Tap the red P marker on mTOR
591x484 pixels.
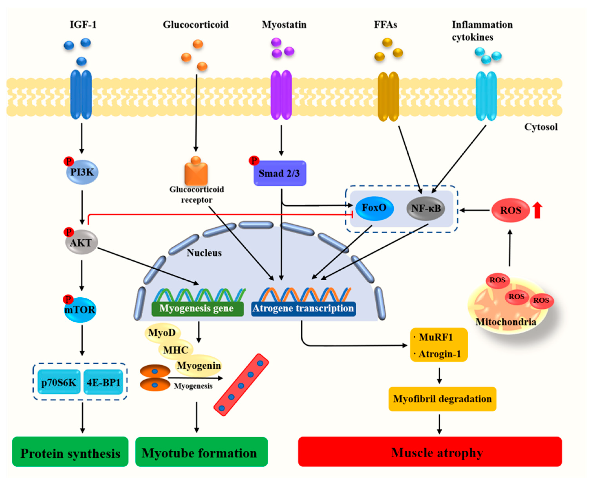(68, 299)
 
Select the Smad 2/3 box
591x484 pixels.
(280, 173)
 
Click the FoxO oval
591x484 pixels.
(374, 208)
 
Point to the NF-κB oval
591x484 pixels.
(426, 209)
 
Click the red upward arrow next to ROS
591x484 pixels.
(537, 210)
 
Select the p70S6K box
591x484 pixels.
(59, 382)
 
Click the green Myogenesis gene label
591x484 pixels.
(197, 308)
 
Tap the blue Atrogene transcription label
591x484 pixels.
(303, 308)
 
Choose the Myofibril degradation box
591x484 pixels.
(442, 399)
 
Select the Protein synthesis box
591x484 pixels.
(70, 453)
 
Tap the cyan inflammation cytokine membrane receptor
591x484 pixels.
(486, 96)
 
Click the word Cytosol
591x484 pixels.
(541, 127)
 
